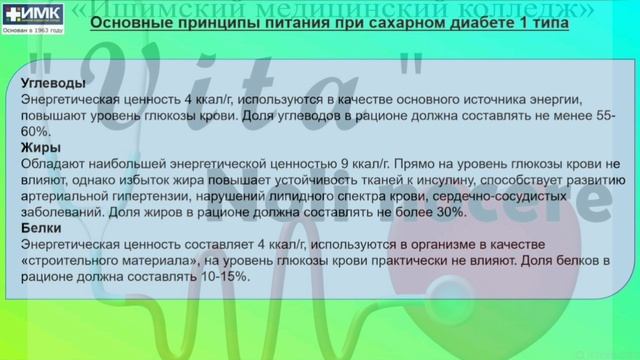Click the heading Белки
click(38, 228)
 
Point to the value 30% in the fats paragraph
click(449, 212)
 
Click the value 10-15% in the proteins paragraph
click(225, 276)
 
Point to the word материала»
click(160, 260)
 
